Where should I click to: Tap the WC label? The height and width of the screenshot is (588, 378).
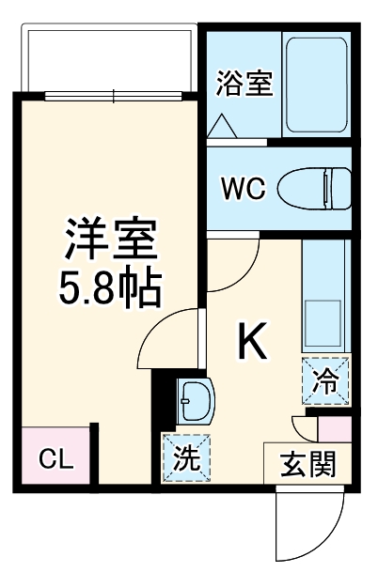tap(243, 186)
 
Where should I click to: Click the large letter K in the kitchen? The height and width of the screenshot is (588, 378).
tap(251, 344)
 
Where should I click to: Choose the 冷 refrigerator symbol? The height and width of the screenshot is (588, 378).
tap(324, 381)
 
